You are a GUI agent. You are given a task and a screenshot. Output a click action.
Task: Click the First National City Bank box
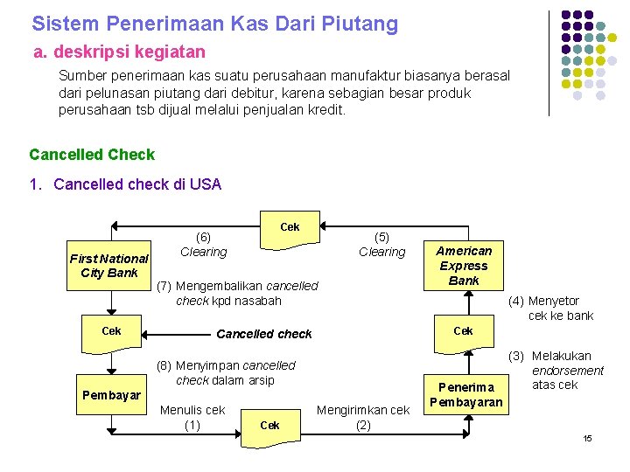[x=109, y=266]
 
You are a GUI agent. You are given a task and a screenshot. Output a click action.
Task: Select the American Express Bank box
[x=464, y=266]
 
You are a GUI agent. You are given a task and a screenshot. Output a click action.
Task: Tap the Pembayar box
[x=111, y=395]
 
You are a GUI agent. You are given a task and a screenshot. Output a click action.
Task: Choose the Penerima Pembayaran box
[x=465, y=394]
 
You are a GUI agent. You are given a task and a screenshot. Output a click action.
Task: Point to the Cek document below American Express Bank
[x=464, y=333]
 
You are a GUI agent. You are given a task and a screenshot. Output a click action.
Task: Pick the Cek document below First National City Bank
[x=111, y=332]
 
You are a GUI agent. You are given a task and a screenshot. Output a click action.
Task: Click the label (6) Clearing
[x=203, y=245]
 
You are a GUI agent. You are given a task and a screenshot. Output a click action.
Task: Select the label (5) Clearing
[x=382, y=245]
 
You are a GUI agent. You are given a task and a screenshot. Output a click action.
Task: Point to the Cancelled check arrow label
[x=263, y=334]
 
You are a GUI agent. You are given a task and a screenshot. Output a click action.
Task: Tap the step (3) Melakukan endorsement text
[x=561, y=370]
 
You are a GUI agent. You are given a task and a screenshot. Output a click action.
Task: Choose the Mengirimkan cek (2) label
[x=362, y=417]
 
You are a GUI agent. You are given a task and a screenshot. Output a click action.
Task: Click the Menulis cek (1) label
[x=192, y=417]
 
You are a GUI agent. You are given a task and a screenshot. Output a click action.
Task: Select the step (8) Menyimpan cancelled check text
[x=226, y=372]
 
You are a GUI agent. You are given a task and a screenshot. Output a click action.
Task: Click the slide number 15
[x=588, y=437]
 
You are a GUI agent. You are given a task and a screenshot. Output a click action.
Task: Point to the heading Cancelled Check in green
[x=92, y=155]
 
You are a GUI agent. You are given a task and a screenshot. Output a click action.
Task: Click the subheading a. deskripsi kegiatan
[x=119, y=52]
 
